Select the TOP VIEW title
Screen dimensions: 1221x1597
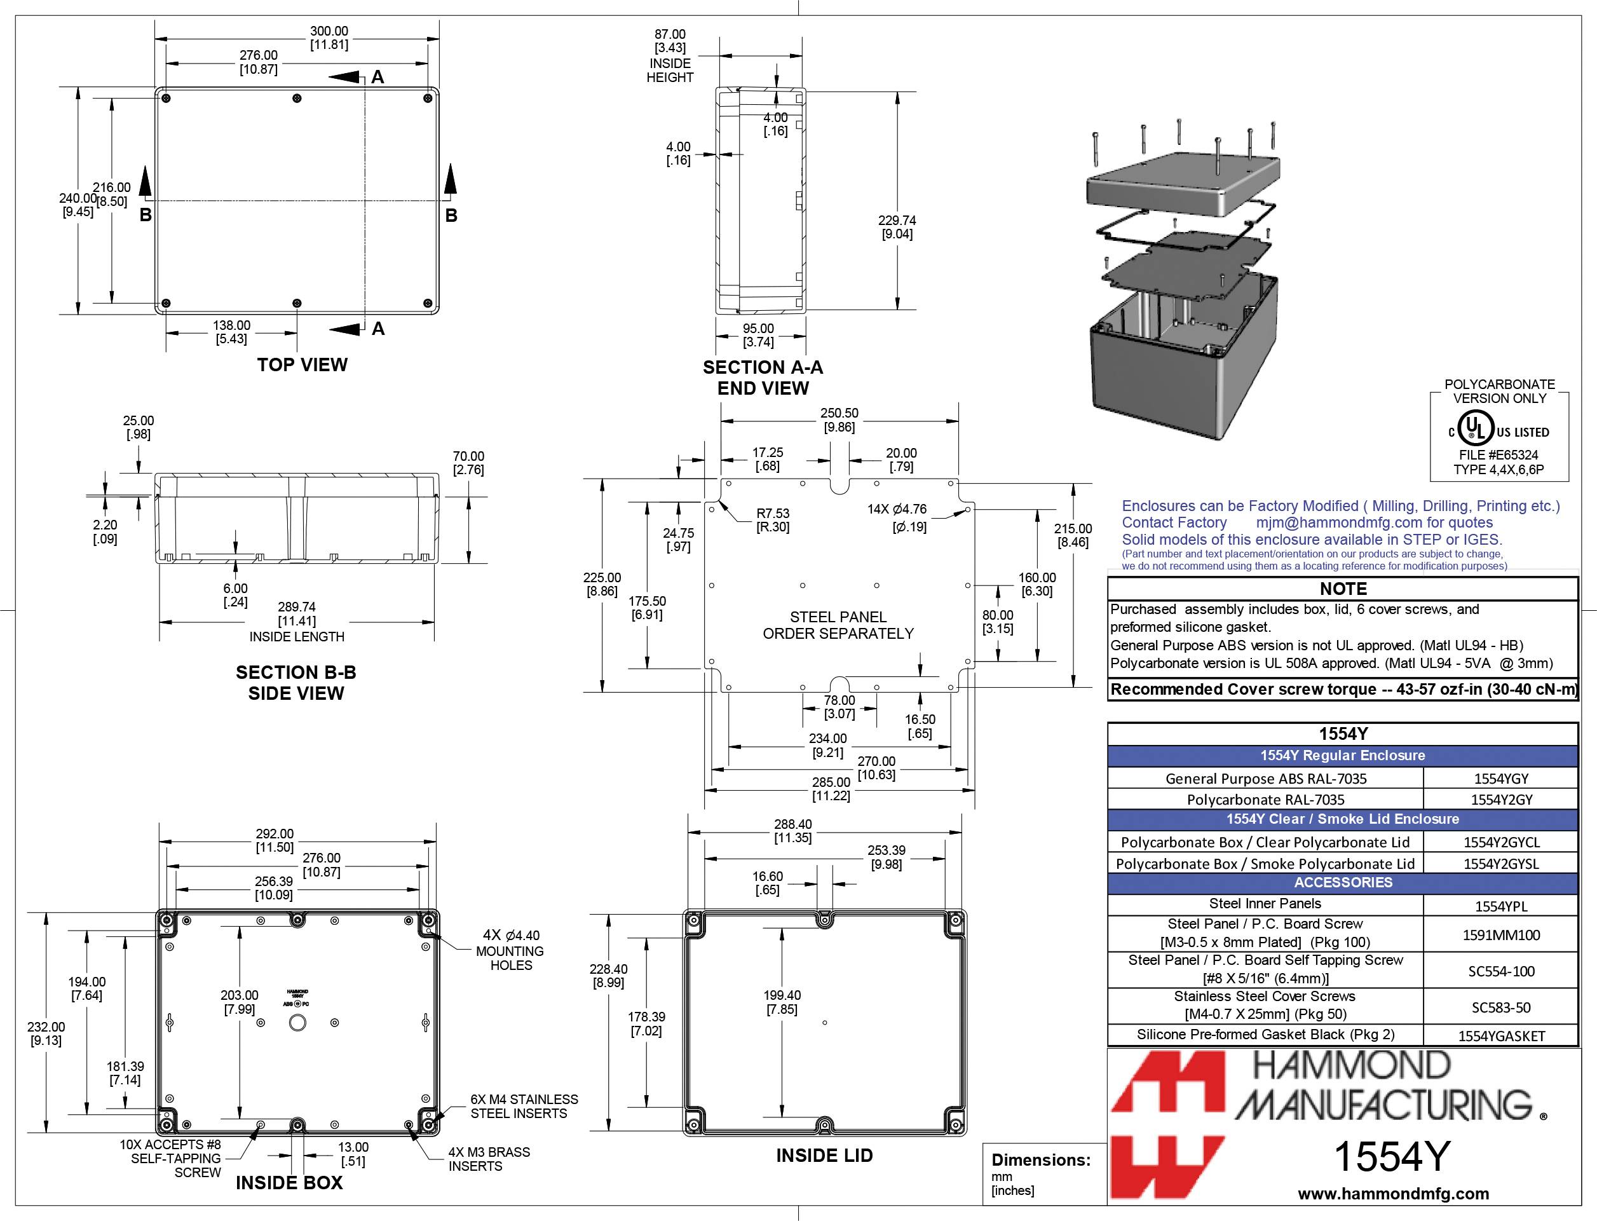[x=302, y=365]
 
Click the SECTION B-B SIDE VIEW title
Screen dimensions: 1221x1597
[x=296, y=683]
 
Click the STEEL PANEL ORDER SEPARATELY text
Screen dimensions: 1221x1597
[x=838, y=625]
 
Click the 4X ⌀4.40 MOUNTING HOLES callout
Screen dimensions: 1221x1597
[x=511, y=950]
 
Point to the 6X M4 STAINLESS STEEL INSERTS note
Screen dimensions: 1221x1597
[x=524, y=1105]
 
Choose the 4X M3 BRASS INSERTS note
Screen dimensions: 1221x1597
[x=488, y=1159]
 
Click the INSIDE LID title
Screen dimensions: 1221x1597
[x=824, y=1156]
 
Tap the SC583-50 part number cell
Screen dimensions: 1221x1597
[x=1501, y=1007]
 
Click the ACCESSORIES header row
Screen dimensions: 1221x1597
[x=1342, y=882]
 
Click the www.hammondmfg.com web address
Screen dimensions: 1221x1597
[x=1393, y=1194]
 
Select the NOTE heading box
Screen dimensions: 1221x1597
[x=1342, y=589]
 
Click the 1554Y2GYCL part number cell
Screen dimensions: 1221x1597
[x=1501, y=842]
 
